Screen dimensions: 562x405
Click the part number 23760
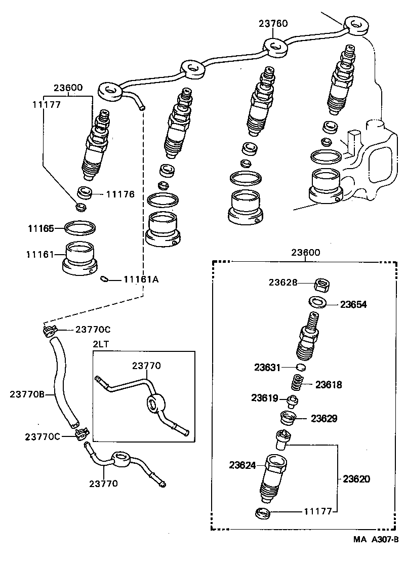pos(273,23)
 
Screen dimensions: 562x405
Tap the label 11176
pos(120,193)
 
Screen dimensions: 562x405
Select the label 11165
pos(40,228)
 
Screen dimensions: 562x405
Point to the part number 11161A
pos(141,279)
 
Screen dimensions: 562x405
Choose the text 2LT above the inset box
pos(100,344)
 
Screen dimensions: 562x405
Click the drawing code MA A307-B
pos(377,540)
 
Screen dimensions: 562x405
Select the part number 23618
pos(329,385)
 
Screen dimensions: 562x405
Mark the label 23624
pos(244,464)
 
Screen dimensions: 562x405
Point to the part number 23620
pos(356,478)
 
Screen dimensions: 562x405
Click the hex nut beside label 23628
pos(321,285)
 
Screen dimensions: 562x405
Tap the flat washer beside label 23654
pos(317,302)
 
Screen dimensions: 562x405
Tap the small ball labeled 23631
pos(300,367)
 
